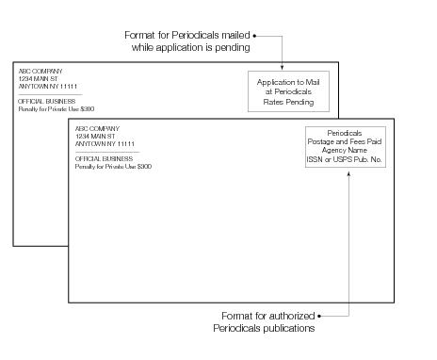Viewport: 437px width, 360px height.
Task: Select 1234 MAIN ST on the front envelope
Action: [92, 135]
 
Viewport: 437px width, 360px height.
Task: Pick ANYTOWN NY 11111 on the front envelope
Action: [102, 143]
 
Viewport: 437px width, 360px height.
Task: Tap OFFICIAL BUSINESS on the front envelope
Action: [100, 158]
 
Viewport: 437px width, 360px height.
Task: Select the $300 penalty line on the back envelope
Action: [57, 109]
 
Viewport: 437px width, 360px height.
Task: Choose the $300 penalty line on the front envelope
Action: [113, 166]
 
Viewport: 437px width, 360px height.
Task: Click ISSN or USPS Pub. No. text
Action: [344, 159]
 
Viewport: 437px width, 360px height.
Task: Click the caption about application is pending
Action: [188, 41]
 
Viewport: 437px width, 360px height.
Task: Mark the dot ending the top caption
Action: [255, 37]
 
